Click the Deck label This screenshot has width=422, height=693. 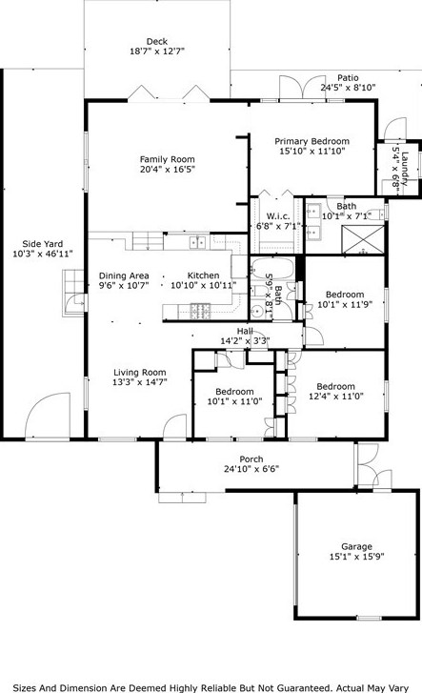tap(157, 41)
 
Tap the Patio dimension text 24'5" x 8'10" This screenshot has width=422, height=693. tap(348, 88)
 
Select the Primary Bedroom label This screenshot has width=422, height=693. tap(312, 141)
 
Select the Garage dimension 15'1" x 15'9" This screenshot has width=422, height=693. tap(357, 557)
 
